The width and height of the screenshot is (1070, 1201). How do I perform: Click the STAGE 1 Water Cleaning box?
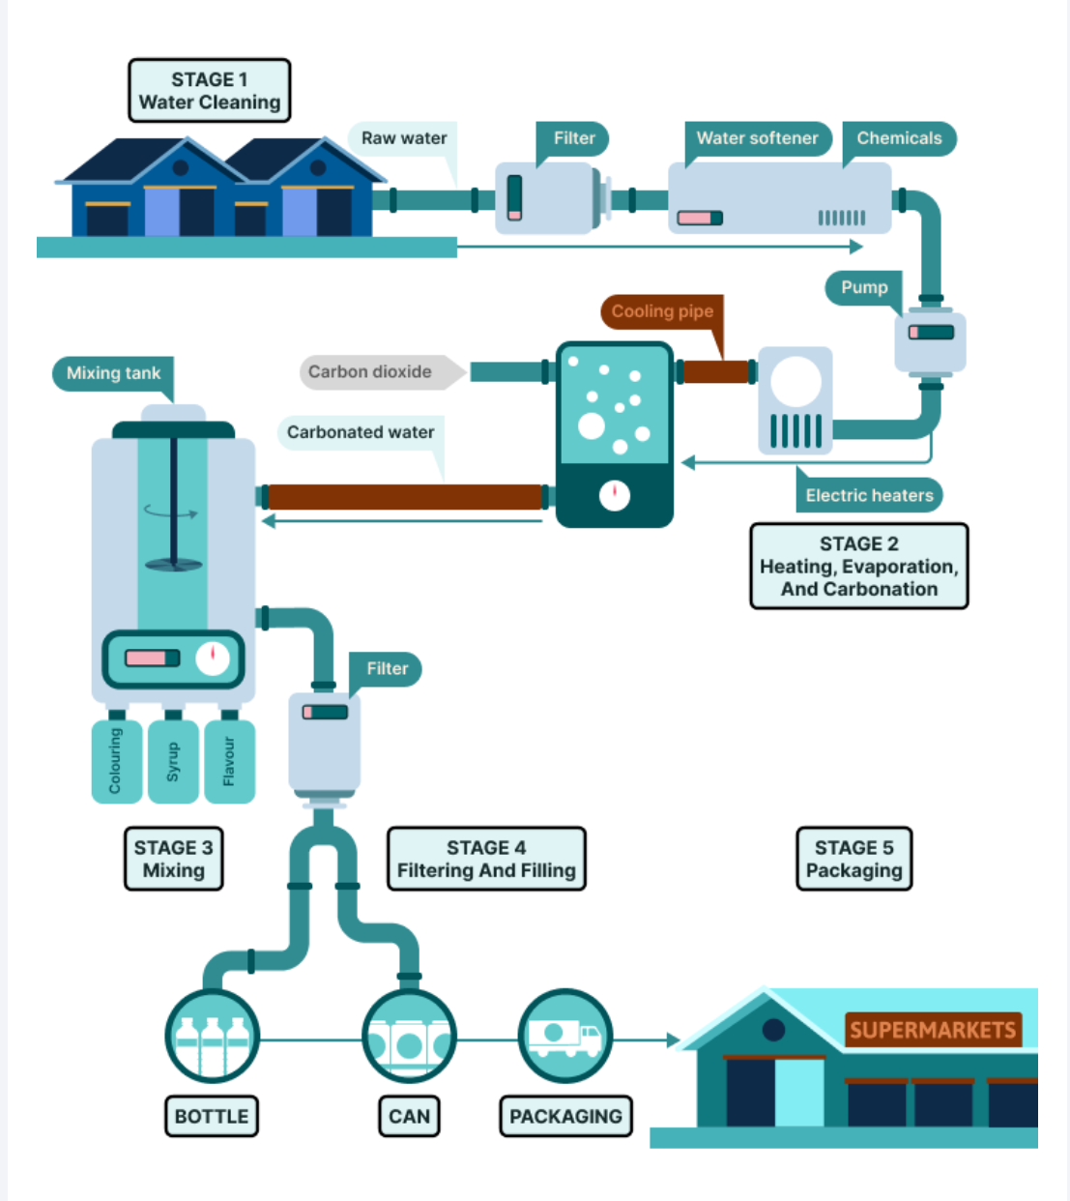pyautogui.click(x=209, y=90)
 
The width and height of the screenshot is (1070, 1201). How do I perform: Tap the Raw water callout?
pyautogui.click(x=403, y=138)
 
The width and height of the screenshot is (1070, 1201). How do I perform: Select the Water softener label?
pyautogui.click(x=757, y=138)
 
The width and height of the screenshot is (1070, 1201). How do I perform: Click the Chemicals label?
pyautogui.click(x=898, y=138)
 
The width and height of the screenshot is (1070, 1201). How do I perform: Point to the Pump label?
pyautogui.click(x=864, y=288)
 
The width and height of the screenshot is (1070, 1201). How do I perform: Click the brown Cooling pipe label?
pyautogui.click(x=662, y=311)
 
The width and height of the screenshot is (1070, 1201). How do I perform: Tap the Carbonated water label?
pyautogui.click(x=361, y=433)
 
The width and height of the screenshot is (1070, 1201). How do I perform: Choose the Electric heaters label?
pyautogui.click(x=869, y=495)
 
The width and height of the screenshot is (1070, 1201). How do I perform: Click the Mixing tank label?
pyautogui.click(x=113, y=373)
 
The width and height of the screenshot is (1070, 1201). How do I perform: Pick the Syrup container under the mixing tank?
pyautogui.click(x=173, y=761)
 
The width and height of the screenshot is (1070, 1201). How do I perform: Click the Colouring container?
pyautogui.click(x=117, y=761)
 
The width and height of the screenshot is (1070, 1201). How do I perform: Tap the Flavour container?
pyautogui.click(x=229, y=761)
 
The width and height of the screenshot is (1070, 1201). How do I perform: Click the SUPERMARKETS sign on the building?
pyautogui.click(x=933, y=1030)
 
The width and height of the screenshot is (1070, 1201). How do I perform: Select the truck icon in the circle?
pyautogui.click(x=565, y=1037)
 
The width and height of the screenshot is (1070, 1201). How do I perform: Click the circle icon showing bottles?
pyautogui.click(x=212, y=1037)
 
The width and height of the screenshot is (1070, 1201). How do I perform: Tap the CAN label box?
pyautogui.click(x=409, y=1116)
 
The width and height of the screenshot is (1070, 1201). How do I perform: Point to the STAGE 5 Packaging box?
pyautogui.click(x=853, y=859)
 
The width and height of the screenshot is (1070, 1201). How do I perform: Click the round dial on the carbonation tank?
pyautogui.click(x=615, y=495)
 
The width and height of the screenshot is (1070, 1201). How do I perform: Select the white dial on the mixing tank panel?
pyautogui.click(x=213, y=659)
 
